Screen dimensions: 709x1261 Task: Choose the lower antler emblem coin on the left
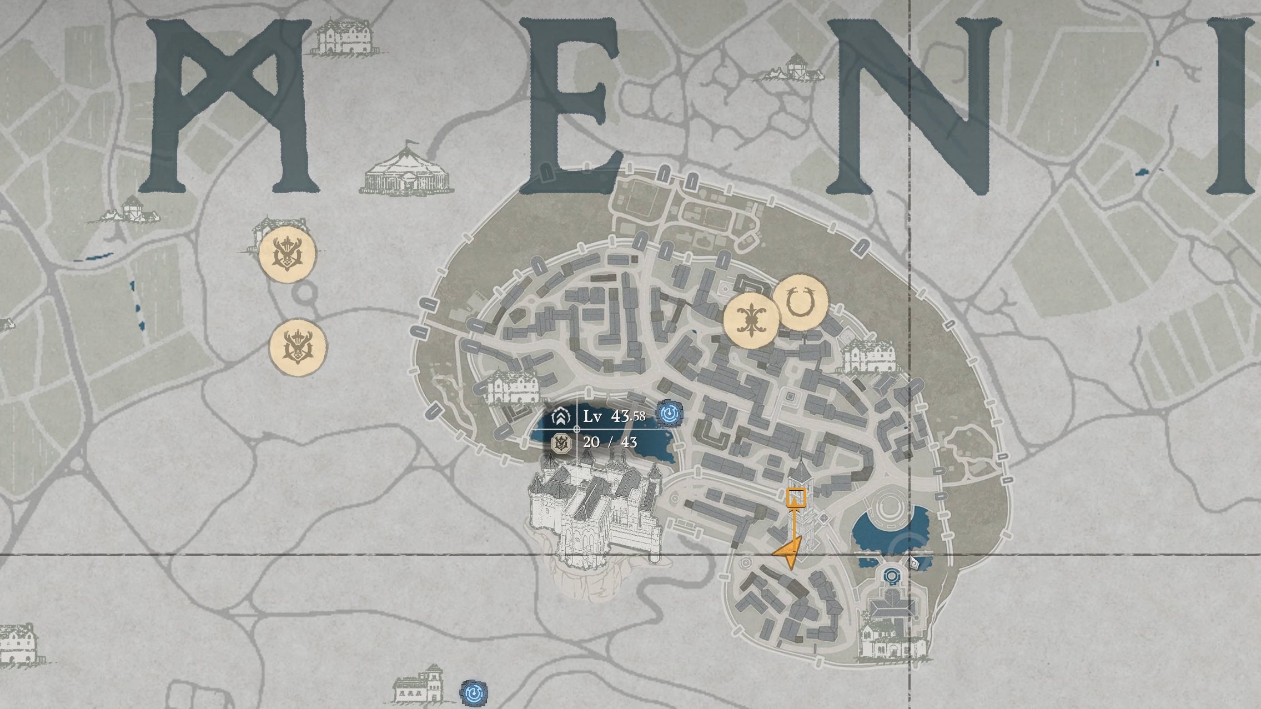298,347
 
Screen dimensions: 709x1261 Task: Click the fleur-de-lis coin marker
752,321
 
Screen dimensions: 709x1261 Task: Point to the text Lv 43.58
614,416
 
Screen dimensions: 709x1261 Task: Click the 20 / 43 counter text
610,442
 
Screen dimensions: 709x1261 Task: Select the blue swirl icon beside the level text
669,414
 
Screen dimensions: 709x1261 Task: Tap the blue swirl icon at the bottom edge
474,693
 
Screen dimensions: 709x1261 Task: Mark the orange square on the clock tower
796,497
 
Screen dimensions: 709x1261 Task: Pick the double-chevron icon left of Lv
561,417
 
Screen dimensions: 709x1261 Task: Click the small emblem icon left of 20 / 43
561,443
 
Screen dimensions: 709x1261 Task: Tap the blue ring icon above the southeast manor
891,575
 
